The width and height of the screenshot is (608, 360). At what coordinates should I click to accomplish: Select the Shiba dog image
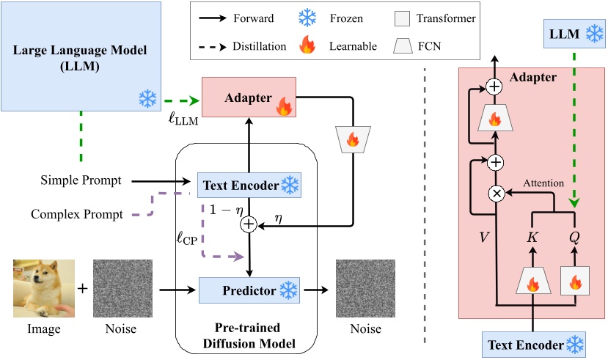point(42,288)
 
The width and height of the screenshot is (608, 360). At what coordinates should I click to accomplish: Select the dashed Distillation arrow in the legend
point(223,45)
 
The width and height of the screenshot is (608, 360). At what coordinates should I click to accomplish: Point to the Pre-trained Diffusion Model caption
point(250,336)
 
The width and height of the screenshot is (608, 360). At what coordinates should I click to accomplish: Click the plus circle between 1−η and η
point(248,226)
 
